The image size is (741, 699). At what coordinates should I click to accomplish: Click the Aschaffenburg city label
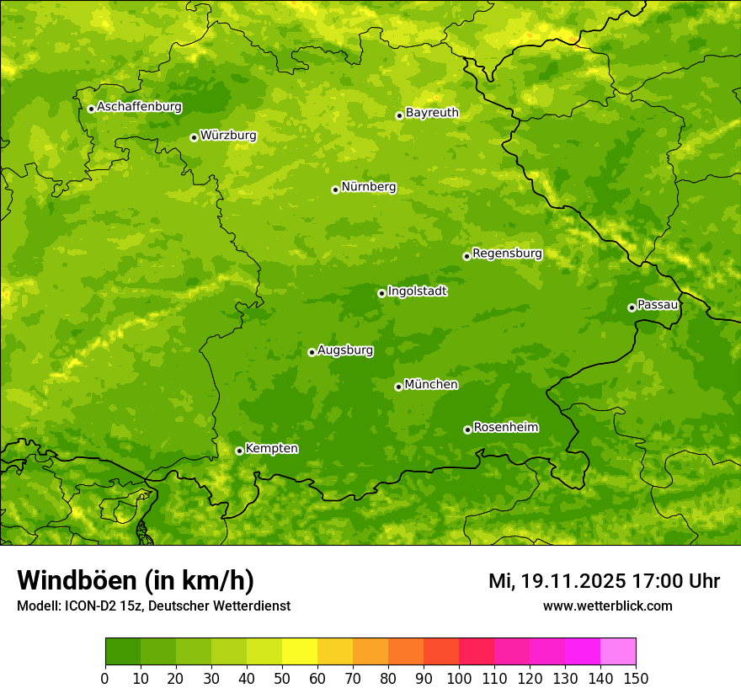click(139, 107)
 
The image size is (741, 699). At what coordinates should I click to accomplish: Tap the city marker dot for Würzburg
click(194, 137)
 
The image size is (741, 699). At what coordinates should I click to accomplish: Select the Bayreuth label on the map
click(432, 113)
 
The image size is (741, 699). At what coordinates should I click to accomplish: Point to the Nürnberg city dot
click(335, 189)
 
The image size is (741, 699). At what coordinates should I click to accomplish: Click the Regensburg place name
click(507, 253)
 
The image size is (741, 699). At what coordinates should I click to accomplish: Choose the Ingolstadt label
click(417, 291)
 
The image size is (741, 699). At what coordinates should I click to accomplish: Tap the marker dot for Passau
click(632, 307)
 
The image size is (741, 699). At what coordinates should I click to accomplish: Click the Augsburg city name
click(345, 350)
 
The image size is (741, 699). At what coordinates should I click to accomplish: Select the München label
click(431, 385)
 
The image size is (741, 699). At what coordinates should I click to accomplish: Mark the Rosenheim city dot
click(467, 430)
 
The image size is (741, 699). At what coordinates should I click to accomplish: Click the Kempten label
click(271, 449)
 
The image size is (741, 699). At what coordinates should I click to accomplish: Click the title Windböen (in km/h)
click(136, 580)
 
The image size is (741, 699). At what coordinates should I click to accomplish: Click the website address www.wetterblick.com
click(607, 606)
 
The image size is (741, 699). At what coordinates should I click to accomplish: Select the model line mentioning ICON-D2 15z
click(153, 606)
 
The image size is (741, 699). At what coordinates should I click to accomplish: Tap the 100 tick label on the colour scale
click(459, 678)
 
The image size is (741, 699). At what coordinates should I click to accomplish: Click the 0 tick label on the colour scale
click(105, 678)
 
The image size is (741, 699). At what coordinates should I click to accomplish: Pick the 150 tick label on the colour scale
click(636, 678)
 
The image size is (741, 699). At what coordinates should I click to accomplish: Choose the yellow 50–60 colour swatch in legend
click(300, 652)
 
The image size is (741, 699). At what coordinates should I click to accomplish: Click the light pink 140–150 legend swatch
click(618, 652)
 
